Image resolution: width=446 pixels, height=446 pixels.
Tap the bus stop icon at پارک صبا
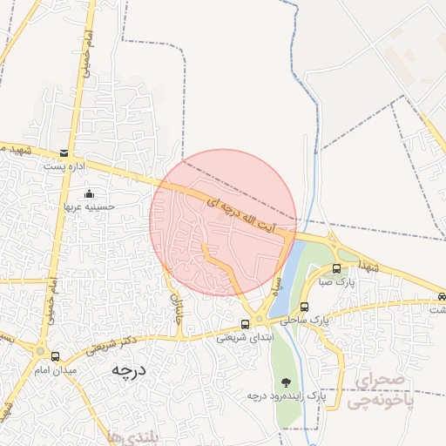click(x=337, y=269)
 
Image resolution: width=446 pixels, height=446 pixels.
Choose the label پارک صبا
click(x=339, y=282)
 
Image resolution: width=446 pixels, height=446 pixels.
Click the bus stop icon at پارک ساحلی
click(x=304, y=307)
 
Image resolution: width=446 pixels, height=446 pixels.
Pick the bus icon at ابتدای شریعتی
click(x=245, y=324)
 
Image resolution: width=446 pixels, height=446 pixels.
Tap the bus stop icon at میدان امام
click(x=56, y=356)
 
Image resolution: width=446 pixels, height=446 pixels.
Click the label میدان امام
click(x=56, y=370)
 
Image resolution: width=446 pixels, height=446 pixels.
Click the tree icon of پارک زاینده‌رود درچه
click(x=286, y=382)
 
